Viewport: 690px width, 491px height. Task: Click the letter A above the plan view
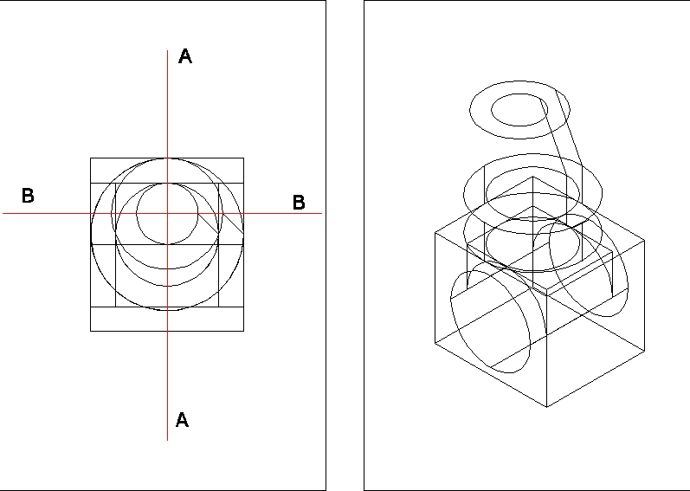[x=185, y=57]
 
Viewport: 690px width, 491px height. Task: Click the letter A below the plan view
[x=182, y=420]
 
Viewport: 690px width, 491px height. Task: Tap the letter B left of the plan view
[x=28, y=197]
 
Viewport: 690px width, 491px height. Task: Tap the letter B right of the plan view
[x=299, y=203]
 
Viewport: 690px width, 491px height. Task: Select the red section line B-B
[x=52, y=213]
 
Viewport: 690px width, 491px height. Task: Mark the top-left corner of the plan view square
[x=91, y=158]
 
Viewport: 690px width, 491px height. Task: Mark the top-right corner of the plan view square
[x=243, y=158]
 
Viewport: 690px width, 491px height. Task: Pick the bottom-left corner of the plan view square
[x=91, y=331]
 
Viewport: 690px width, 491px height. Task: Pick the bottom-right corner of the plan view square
[x=243, y=331]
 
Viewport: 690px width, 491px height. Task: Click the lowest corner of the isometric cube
[x=548, y=406]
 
